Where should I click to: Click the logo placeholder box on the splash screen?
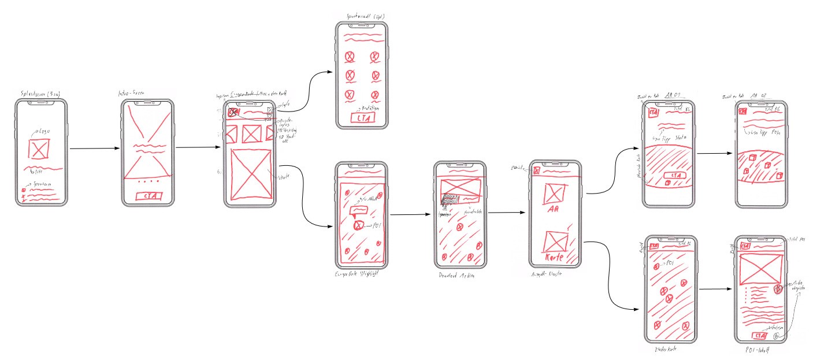(x=39, y=150)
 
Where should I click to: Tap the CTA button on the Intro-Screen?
(x=149, y=196)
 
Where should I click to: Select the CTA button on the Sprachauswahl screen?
(x=362, y=118)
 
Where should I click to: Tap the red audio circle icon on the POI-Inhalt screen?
(x=778, y=288)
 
